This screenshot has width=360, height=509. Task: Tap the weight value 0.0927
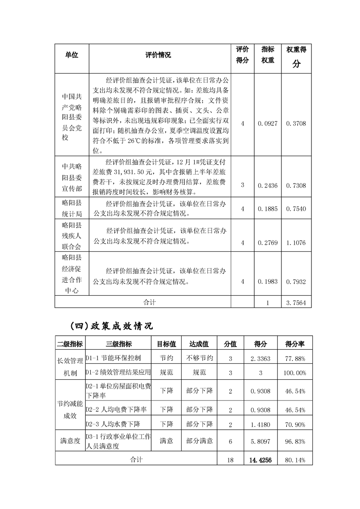tap(268, 123)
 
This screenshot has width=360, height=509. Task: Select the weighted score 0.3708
tap(296, 123)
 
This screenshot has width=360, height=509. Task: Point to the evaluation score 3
tap(242, 185)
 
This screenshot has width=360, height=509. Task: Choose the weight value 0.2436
tap(268, 185)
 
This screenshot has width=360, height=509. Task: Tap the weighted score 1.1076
tap(296, 243)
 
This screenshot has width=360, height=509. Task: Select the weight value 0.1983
tap(268, 282)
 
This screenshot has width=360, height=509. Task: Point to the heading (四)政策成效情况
tap(111, 326)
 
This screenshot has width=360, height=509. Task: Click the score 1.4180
tap(260, 424)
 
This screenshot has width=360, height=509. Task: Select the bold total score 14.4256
tap(260, 460)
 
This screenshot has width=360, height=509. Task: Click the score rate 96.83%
tap(295, 441)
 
